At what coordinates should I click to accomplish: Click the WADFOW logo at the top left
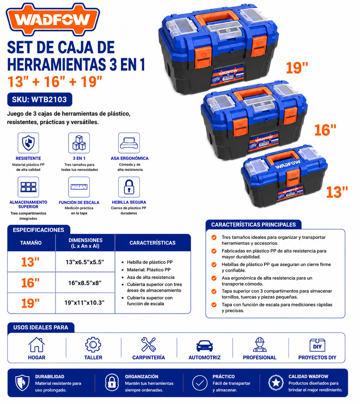pyautogui.click(x=53, y=19)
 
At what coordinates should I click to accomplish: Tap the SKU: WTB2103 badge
pyautogui.click(x=40, y=99)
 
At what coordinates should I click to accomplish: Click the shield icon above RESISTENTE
pyautogui.click(x=28, y=143)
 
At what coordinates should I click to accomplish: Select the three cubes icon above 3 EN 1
pyautogui.click(x=79, y=143)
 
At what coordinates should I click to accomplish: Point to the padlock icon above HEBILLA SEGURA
pyautogui.click(x=129, y=187)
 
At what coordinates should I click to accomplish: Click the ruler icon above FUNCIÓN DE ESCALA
pyautogui.click(x=79, y=187)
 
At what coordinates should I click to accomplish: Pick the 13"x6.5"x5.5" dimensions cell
pyautogui.click(x=85, y=262)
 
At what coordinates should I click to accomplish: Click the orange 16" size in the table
pyautogui.click(x=30, y=283)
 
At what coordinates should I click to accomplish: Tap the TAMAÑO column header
pyautogui.click(x=31, y=243)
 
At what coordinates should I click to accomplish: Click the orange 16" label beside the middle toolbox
pyautogui.click(x=325, y=130)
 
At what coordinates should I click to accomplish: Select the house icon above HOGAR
pyautogui.click(x=37, y=345)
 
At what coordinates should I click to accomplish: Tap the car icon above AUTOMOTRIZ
pyautogui.click(x=204, y=346)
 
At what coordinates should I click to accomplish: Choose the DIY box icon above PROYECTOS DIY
pyautogui.click(x=317, y=345)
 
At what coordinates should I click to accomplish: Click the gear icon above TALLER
pyautogui.click(x=93, y=345)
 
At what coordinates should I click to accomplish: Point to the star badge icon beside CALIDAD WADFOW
pyautogui.click(x=276, y=382)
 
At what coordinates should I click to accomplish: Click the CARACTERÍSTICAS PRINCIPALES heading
pyautogui.click(x=253, y=225)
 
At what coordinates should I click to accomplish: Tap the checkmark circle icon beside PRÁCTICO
pyautogui.click(x=200, y=383)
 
